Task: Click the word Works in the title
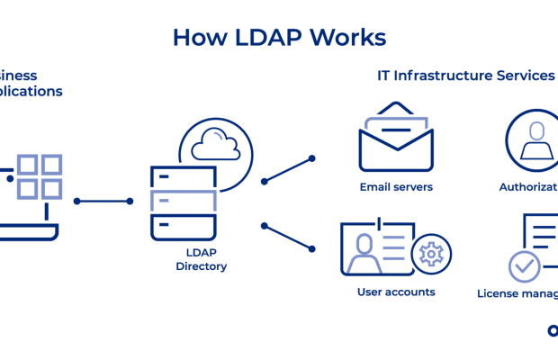347,37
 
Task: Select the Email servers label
396,187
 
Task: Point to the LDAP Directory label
201,260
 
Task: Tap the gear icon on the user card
432,254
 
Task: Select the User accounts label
396,292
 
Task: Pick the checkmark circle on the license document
524,266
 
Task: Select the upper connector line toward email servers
288,169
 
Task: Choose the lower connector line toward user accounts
288,236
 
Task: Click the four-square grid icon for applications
39,176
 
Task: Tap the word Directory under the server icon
201,266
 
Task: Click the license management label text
518,293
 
